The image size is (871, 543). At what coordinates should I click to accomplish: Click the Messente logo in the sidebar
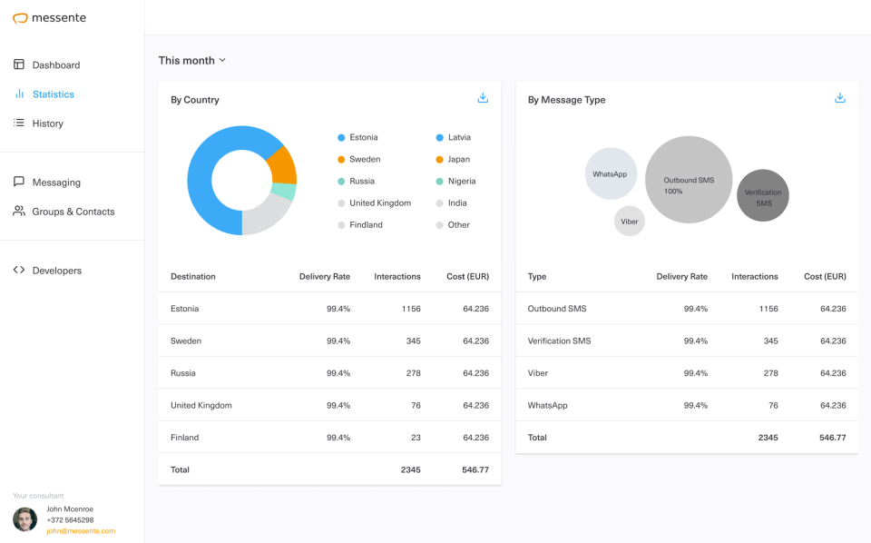point(50,17)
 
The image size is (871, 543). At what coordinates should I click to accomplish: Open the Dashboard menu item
point(55,65)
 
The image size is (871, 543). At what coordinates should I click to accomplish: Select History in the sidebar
point(47,123)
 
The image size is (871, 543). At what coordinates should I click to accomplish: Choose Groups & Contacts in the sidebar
point(73,212)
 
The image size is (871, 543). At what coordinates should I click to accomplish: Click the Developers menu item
point(56,271)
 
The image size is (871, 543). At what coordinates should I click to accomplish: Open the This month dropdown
point(191,61)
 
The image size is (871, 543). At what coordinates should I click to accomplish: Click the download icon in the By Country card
point(483,98)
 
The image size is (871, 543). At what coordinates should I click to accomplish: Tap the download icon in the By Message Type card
point(840,98)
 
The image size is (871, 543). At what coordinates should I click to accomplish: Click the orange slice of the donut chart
point(283,166)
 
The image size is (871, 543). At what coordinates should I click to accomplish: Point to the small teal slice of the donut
point(284,192)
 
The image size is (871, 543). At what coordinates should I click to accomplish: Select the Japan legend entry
point(458,160)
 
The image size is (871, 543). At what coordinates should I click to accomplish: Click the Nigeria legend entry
point(461,182)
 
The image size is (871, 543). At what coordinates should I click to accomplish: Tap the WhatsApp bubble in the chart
point(611,173)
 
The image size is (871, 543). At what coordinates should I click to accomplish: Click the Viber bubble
point(630,221)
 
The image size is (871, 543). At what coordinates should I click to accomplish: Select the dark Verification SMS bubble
point(763,195)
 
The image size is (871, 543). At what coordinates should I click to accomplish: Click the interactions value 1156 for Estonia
point(411,309)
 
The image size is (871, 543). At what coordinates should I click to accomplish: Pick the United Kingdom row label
point(201,406)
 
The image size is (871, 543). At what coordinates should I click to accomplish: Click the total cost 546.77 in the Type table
point(833,438)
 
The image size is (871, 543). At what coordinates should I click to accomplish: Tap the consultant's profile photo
point(25,519)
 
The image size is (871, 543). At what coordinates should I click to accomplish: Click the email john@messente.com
point(81,531)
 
